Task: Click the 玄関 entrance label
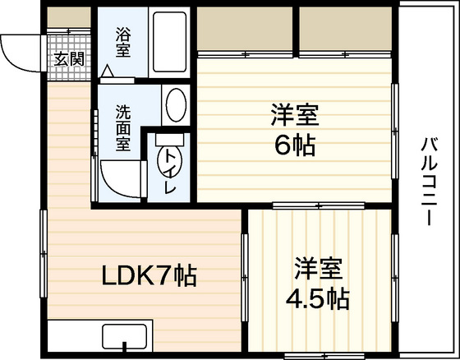point(69,59)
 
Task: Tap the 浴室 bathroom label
point(123,42)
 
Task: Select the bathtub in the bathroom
point(169,42)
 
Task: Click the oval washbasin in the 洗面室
point(176,105)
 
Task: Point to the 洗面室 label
point(123,127)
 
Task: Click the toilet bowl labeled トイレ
point(170,161)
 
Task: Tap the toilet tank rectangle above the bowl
point(169,140)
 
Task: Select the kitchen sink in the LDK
point(124,337)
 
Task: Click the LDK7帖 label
point(149,275)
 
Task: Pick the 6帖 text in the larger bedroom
point(295,145)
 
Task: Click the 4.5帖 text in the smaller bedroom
point(318,298)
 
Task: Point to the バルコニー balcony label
point(430,182)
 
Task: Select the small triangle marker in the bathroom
point(107,71)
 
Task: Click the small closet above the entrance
point(69,17)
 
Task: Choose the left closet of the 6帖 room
point(245,29)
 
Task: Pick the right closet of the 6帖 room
point(345,29)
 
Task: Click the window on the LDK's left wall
point(44,253)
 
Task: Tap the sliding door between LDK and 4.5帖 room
point(245,278)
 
